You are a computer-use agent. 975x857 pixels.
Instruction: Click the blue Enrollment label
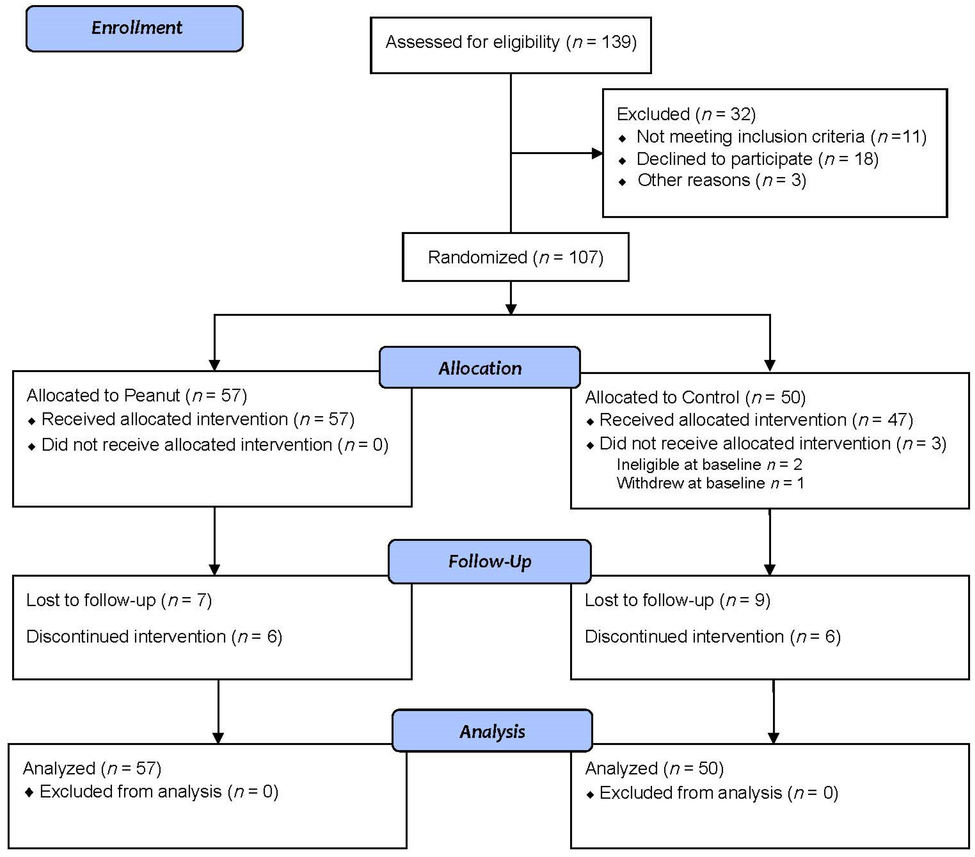coord(135,28)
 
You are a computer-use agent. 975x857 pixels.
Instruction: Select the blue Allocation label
coord(479,368)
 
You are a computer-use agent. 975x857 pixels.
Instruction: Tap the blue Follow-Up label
coord(490,561)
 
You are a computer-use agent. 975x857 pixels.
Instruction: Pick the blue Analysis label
coord(492,731)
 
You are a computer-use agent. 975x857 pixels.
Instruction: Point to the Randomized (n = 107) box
coord(515,257)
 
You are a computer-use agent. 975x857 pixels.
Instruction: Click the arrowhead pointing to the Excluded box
coord(597,153)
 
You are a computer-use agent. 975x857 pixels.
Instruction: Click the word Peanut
coord(152,395)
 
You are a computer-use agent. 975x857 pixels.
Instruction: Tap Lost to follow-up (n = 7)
coord(119,600)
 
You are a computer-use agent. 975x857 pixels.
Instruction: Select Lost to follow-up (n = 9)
coord(677,600)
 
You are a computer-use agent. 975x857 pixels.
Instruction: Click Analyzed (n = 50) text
coord(654,768)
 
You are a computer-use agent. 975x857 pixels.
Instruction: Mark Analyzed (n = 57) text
coord(92,768)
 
